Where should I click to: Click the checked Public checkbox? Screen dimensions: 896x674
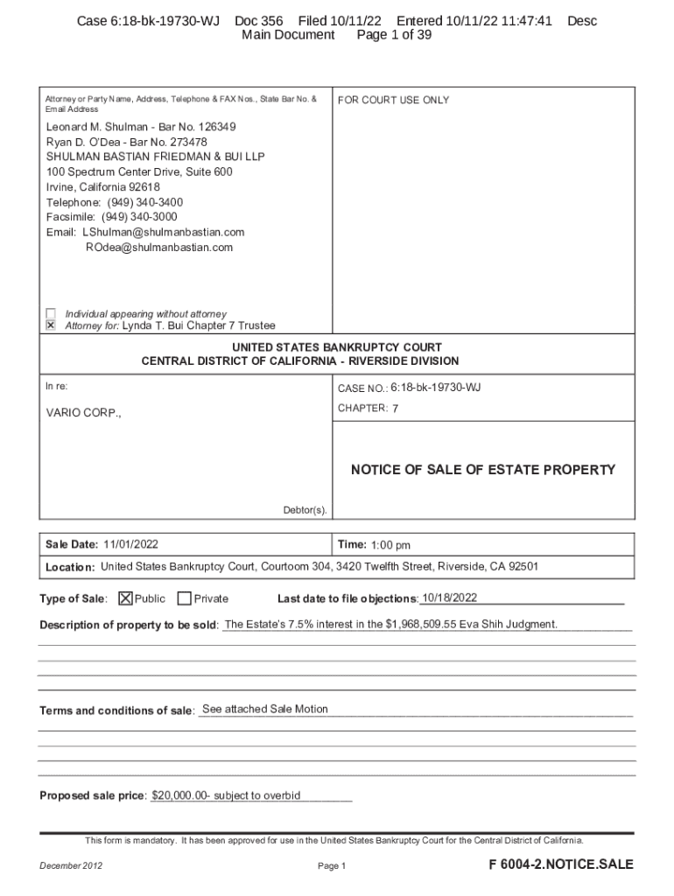coord(126,598)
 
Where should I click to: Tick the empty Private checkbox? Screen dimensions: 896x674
coord(184,598)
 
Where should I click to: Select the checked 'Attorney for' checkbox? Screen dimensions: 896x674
coord(51,325)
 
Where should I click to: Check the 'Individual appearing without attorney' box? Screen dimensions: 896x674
coord(51,313)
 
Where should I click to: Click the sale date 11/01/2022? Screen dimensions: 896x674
coord(130,544)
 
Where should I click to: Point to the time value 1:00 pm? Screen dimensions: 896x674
coord(390,545)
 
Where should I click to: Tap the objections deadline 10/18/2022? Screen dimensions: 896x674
coord(449,598)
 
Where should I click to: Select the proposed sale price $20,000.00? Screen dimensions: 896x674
coord(180,795)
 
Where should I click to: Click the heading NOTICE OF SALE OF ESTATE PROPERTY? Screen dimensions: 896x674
coord(483,470)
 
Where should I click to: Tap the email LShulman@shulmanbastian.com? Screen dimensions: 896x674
coord(164,232)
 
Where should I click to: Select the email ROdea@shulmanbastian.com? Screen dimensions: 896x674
coord(159,248)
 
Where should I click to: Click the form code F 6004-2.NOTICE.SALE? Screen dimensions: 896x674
coord(560,864)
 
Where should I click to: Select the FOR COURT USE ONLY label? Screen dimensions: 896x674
coord(393,101)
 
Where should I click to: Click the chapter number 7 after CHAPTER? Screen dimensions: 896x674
coord(396,409)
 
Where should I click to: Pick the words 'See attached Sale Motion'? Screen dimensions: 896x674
coord(264,709)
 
